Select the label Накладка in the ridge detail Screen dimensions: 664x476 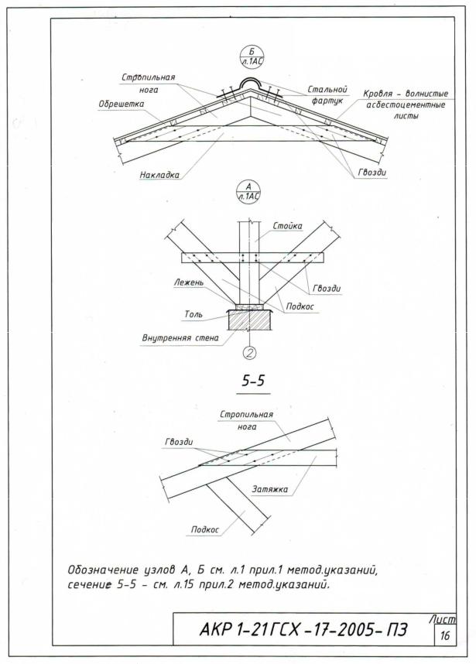[x=159, y=175]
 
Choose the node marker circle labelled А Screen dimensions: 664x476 [x=248, y=191]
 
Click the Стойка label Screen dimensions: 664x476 [x=287, y=226]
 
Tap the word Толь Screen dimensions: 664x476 [x=193, y=315]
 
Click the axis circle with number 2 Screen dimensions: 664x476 [x=249, y=354]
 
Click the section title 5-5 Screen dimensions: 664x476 [x=248, y=382]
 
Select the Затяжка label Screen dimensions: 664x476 [x=271, y=489]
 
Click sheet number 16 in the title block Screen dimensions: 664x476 [x=444, y=636]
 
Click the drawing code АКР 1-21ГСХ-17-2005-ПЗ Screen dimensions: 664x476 [x=303, y=626]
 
